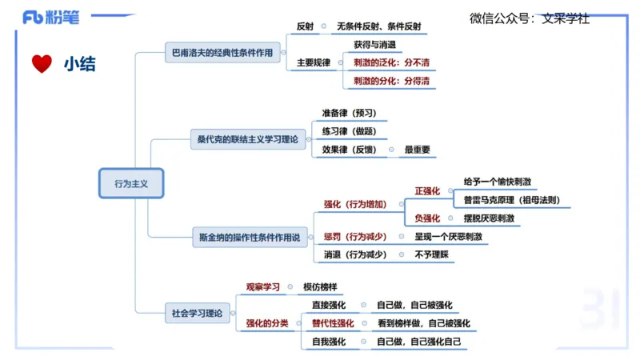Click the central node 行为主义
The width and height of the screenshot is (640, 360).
[131, 183]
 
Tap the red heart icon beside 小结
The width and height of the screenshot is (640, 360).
[41, 64]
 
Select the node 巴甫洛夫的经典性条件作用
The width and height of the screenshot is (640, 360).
[222, 53]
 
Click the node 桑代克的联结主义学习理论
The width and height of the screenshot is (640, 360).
[247, 139]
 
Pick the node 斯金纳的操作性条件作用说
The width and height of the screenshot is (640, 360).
[250, 237]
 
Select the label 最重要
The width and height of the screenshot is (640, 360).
[417, 149]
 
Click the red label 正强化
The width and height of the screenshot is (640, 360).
[427, 191]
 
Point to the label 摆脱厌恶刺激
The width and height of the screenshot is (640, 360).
[489, 218]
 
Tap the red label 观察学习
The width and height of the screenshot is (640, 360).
[262, 286]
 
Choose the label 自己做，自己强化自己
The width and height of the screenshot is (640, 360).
[419, 342]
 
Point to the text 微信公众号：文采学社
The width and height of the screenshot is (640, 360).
[529, 18]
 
